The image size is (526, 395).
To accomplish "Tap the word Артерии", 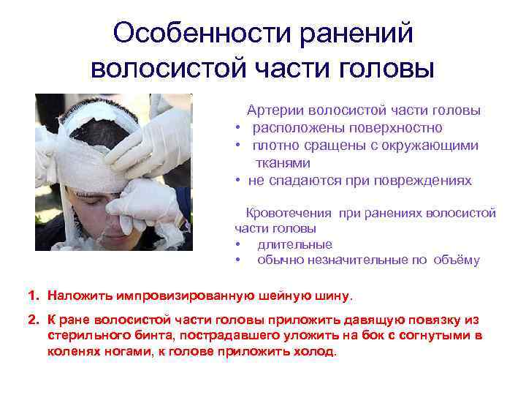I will click(x=276, y=111).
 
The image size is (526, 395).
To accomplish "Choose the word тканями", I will click(x=282, y=162).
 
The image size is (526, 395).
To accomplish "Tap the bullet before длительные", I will click(x=238, y=245).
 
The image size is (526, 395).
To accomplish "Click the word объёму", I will click(x=456, y=260).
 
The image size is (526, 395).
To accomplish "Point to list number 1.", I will click(x=33, y=296).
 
